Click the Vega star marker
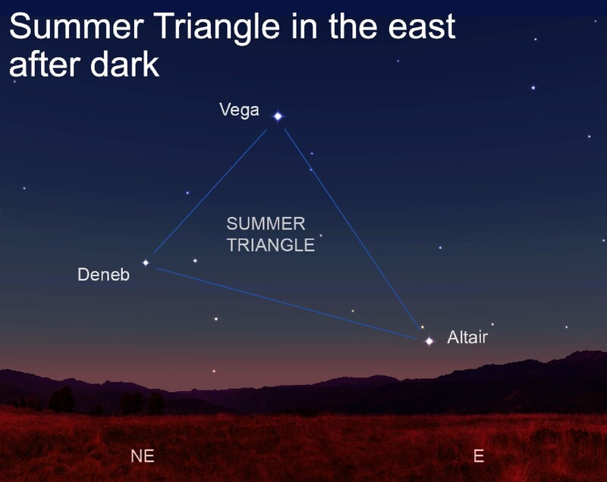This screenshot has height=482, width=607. point(278,116)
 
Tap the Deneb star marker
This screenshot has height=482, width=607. point(146,263)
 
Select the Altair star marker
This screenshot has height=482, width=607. point(429,341)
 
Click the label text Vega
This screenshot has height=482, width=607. point(239,111)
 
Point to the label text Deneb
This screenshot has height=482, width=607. point(103,275)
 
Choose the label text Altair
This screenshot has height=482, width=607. point(467,337)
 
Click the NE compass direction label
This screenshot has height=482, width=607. point(143,456)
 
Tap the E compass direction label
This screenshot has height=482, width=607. point(479,456)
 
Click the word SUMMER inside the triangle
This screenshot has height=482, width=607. point(266,224)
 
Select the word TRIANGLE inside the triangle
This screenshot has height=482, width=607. point(271,245)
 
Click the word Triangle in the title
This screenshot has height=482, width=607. point(219,27)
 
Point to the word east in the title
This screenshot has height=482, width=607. point(422,27)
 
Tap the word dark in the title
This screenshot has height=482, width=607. point(124,64)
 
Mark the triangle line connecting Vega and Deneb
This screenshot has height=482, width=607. point(210,192)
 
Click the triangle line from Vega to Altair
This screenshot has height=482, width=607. point(351,229)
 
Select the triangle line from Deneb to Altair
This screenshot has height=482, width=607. point(287,304)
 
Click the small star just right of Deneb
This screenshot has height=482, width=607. point(195,261)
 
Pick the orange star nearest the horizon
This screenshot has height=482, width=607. point(213,371)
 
